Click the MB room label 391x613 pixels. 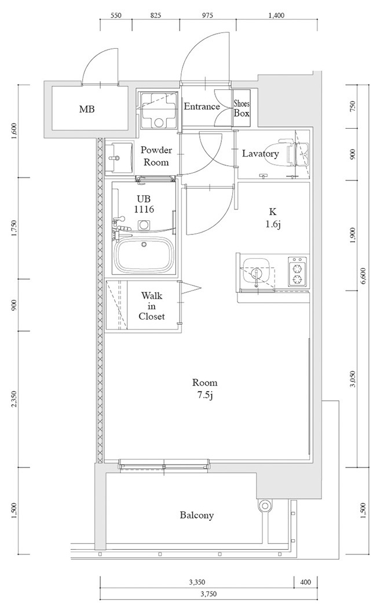click(87, 109)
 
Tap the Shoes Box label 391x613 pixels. click(242, 108)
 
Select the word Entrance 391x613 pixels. click(202, 107)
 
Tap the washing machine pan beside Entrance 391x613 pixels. click(158, 110)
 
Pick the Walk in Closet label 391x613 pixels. click(152, 306)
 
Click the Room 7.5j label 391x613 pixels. click(205, 389)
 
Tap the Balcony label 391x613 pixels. click(196, 515)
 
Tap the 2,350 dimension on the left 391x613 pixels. click(14, 400)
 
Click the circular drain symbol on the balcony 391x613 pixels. click(265, 506)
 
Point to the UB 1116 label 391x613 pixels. click(144, 204)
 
